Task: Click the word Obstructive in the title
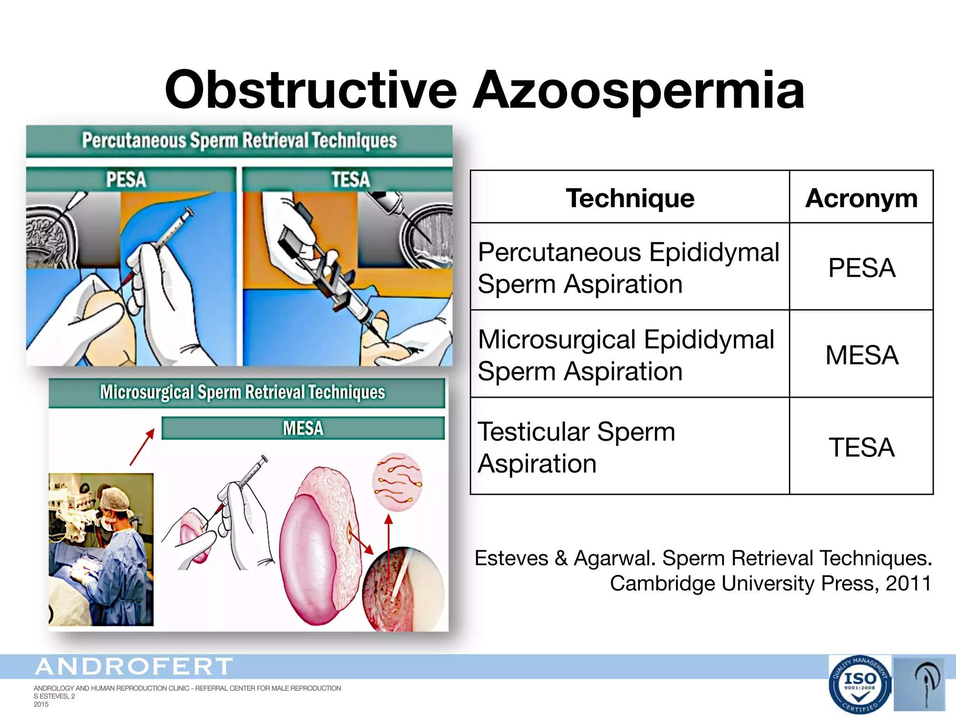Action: pos(310,90)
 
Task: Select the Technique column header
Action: pos(630,198)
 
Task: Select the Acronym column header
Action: pos(861,198)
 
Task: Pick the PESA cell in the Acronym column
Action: pos(861,268)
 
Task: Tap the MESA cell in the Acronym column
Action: pos(861,355)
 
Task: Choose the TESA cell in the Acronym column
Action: pos(861,447)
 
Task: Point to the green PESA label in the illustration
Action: pos(126,180)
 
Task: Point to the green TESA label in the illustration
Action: pos(350,180)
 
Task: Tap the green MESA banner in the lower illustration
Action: pos(303,428)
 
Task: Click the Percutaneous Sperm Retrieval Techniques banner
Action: pos(239,141)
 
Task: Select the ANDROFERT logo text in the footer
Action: pos(134,667)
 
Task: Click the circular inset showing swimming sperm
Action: pos(397,482)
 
